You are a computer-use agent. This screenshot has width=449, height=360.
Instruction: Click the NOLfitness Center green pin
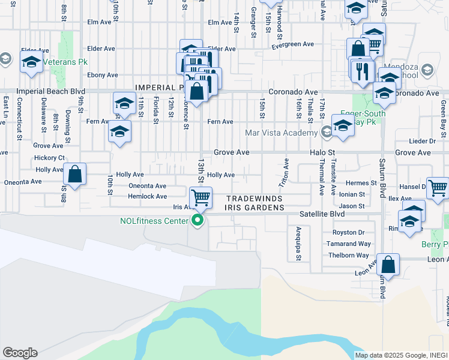[199, 221]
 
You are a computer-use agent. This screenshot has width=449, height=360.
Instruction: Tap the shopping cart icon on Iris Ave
[200, 196]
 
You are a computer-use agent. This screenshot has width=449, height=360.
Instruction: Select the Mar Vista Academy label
[280, 133]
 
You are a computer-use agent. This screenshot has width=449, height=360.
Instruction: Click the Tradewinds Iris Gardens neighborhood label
[255, 203]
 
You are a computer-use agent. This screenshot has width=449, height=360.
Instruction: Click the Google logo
[20, 352]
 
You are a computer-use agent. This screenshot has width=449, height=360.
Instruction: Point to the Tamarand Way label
[348, 244]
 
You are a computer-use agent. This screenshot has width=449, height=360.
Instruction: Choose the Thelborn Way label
[348, 255]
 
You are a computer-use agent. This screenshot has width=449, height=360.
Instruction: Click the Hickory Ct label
[50, 157]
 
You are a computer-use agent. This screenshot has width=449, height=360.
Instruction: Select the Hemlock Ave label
[148, 196]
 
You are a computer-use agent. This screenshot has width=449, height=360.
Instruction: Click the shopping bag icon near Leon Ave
[388, 265]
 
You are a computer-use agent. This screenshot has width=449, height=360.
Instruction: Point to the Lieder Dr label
[421, 141]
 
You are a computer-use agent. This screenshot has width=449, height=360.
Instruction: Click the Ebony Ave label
[103, 75]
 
